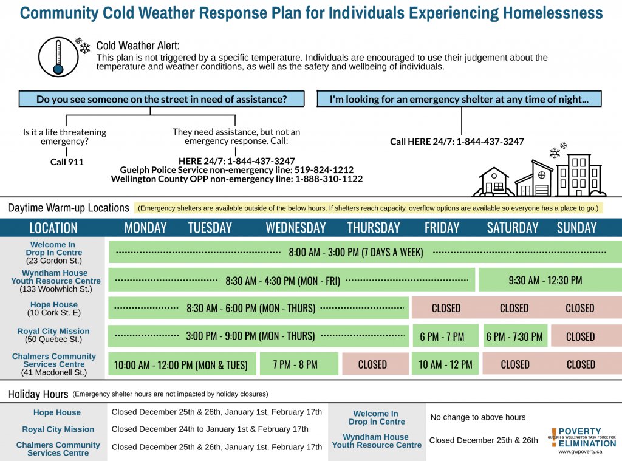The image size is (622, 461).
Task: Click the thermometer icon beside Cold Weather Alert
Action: [x=58, y=56]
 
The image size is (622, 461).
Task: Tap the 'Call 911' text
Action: [x=67, y=162]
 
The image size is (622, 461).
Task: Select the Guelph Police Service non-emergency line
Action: [x=236, y=170]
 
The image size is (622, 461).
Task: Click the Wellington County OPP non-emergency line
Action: [x=236, y=179]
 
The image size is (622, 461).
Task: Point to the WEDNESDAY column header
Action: [x=296, y=228]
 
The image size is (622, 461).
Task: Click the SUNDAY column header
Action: [x=576, y=228]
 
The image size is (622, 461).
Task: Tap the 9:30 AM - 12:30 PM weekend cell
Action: [x=545, y=280]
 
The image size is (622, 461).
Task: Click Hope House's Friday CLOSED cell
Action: [x=446, y=308]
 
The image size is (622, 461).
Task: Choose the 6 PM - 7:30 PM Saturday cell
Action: [x=515, y=336]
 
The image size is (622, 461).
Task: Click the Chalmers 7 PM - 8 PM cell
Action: [x=298, y=364]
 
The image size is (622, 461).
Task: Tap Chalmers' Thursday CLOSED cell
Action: [x=372, y=364]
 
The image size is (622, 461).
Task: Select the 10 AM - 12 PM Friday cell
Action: [x=445, y=364]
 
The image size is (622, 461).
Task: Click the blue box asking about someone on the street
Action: [x=162, y=100]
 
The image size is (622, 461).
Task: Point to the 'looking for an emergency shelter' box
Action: [x=459, y=100]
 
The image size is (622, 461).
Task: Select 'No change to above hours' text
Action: [x=477, y=417]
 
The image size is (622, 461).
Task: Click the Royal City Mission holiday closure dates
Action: [x=210, y=429]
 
